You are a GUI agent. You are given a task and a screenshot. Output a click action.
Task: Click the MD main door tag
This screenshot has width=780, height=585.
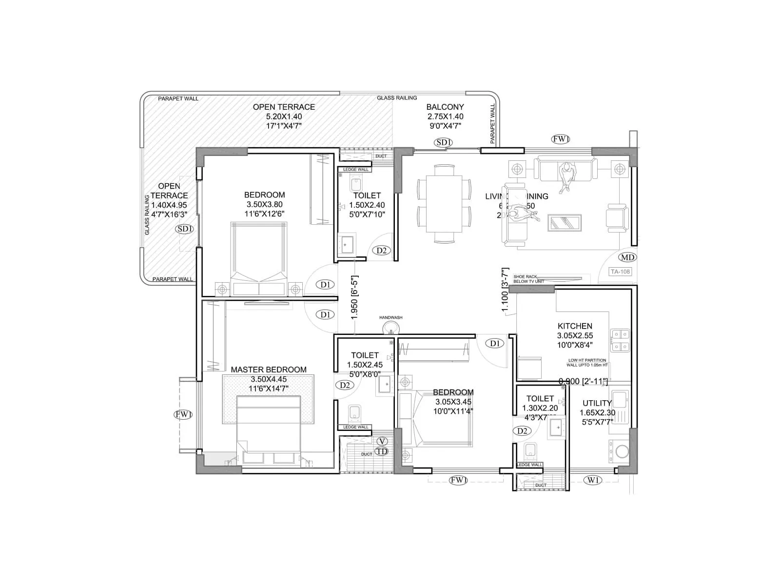(627, 257)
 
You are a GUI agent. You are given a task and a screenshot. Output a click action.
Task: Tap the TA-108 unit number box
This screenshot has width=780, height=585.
(620, 272)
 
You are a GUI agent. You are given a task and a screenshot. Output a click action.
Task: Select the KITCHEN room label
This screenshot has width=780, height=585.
(575, 326)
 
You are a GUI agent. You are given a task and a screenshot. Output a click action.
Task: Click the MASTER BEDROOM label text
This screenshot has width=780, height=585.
(269, 370)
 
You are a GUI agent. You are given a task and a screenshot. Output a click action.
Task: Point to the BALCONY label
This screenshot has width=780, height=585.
(445, 107)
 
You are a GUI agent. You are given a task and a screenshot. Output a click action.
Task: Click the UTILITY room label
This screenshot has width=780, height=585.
(597, 403)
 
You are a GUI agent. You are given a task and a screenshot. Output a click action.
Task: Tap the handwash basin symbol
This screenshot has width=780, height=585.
(390, 328)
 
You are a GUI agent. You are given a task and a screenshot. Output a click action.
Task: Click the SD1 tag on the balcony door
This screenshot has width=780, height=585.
(444, 142)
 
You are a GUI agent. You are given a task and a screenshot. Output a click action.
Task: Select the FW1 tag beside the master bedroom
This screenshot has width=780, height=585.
(184, 414)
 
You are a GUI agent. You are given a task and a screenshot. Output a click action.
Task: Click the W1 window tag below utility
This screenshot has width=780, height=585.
(592, 480)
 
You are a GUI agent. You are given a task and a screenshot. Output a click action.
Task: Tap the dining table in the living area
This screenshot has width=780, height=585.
(444, 203)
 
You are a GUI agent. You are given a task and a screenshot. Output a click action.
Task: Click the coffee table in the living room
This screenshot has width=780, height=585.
(565, 222)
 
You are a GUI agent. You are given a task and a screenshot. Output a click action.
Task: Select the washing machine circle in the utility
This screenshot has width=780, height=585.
(622, 452)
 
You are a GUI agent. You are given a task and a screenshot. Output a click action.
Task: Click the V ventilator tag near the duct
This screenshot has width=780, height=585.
(383, 441)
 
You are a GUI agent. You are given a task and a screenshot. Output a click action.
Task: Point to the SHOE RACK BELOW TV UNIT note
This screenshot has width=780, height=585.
(528, 279)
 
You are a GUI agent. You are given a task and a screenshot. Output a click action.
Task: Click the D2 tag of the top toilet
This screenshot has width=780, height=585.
(382, 250)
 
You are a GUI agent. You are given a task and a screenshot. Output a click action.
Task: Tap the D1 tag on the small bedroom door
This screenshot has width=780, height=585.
(495, 344)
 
